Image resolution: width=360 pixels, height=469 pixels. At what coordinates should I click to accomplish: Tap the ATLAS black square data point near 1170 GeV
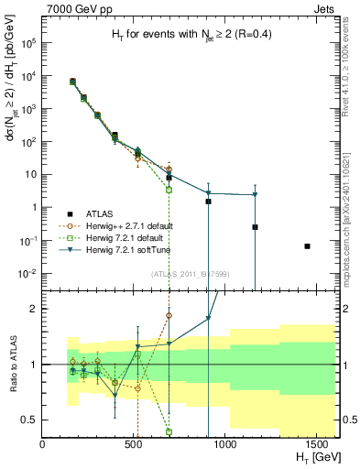coord(256,227)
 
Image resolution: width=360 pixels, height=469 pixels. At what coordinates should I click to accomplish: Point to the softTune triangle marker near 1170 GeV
coord(256,194)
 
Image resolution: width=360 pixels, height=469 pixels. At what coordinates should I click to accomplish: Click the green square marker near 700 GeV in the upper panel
coord(169,190)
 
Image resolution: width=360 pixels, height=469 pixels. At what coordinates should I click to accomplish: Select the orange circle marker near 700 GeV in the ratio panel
coord(169,315)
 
